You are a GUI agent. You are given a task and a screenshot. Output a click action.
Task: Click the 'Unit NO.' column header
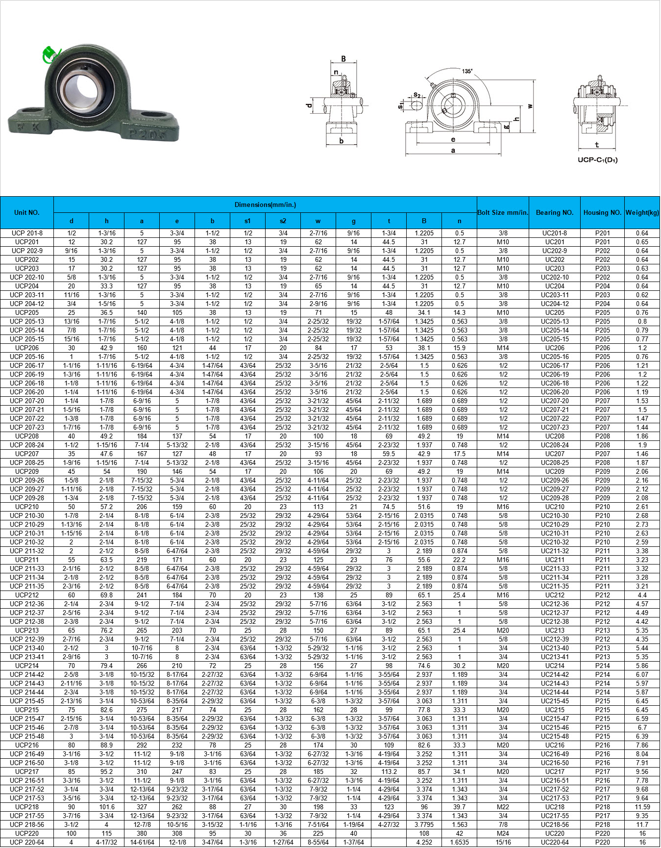tap(27, 212)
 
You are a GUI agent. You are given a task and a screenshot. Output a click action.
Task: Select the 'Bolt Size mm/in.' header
tap(503, 212)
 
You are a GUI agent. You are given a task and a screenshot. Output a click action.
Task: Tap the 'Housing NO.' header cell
tap(602, 212)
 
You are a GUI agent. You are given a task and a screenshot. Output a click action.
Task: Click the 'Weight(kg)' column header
tap(642, 212)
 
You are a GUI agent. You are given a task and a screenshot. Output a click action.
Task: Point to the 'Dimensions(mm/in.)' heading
tap(265, 205)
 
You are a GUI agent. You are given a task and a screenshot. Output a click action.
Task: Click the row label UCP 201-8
tap(27, 233)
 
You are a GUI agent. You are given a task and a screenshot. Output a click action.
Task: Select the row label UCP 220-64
tap(27, 842)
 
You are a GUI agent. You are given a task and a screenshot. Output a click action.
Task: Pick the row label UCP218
tap(27, 807)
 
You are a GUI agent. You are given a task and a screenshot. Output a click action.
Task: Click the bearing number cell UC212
tap(555, 595)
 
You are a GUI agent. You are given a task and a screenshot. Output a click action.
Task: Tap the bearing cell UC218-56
tap(555, 824)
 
